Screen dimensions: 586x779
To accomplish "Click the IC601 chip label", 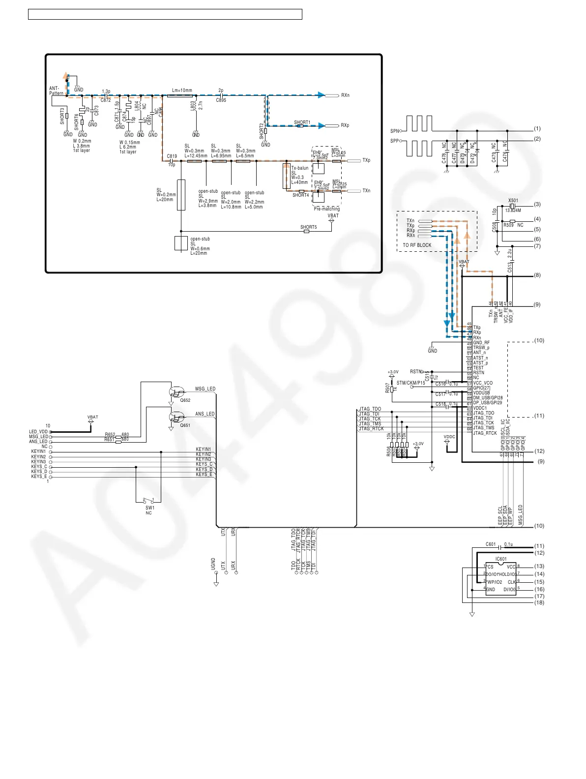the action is coord(501,559).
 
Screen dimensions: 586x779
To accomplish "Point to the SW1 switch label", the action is coord(149,508).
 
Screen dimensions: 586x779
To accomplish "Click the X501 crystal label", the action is coord(513,201).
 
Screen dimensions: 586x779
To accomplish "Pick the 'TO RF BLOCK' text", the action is coord(417,245).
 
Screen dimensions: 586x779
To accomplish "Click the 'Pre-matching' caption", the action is coord(327,209).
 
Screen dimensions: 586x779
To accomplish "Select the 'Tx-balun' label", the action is coord(300,168).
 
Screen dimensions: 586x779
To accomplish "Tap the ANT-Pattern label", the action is coord(56,91).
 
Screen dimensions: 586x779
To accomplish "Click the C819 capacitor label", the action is coord(172,156).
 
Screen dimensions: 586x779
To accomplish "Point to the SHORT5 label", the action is coord(308,227).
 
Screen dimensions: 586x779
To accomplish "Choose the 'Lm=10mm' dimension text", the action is coord(182,90).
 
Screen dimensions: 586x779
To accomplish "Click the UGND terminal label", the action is coord(213,564).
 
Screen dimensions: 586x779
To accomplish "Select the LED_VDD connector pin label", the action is coord(38,432).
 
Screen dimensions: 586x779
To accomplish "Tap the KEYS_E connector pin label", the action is coord(39,477).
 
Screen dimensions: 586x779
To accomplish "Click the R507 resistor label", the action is coord(387,388).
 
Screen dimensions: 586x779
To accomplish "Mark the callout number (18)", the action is coord(539,602).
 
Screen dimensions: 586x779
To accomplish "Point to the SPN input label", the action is coord(394,131).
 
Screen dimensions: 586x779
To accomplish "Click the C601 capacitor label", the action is coord(491,544).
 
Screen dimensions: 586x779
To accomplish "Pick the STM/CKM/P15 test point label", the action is coord(410,383).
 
